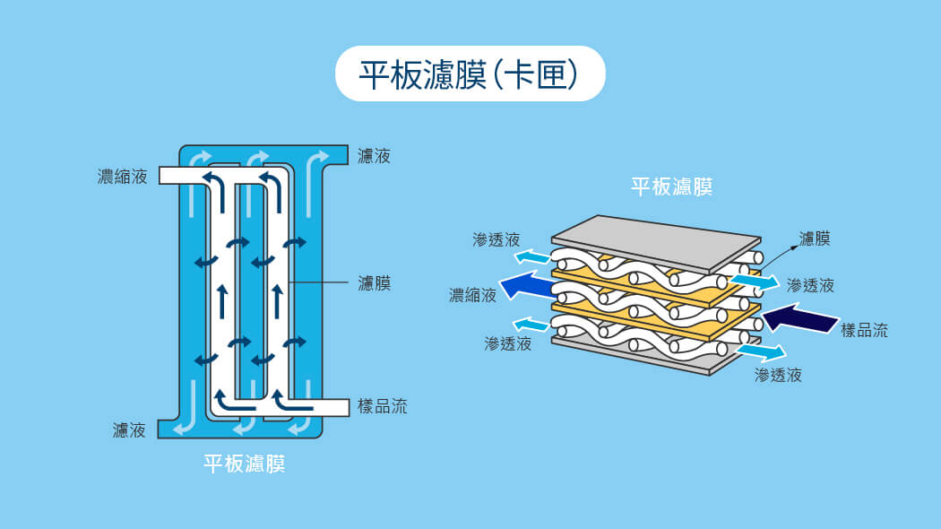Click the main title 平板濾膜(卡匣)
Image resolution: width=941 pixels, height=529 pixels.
tap(470, 74)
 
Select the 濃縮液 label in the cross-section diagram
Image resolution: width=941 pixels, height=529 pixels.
tap(123, 176)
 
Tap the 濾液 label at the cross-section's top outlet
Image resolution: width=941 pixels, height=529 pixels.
tap(374, 157)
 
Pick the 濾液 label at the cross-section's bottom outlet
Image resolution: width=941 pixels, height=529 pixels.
tap(129, 430)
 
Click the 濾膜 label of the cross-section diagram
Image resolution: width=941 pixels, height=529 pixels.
tap(374, 283)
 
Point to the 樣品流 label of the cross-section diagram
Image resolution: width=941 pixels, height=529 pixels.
tap(382, 406)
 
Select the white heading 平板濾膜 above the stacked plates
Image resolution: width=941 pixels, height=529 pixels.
tap(671, 186)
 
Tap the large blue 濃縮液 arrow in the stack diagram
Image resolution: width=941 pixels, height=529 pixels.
tap(528, 286)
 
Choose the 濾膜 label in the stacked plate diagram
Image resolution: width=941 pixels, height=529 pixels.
tap(814, 238)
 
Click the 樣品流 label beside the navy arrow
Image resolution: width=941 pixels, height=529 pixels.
tap(864, 330)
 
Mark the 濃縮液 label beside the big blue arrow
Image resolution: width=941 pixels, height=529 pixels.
tap(472, 295)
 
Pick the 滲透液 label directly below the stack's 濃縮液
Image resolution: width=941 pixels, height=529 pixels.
tap(508, 343)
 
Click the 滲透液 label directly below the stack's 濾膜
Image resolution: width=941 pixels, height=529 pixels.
tap(810, 285)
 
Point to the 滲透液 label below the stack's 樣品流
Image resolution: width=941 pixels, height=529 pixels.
tap(778, 375)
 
